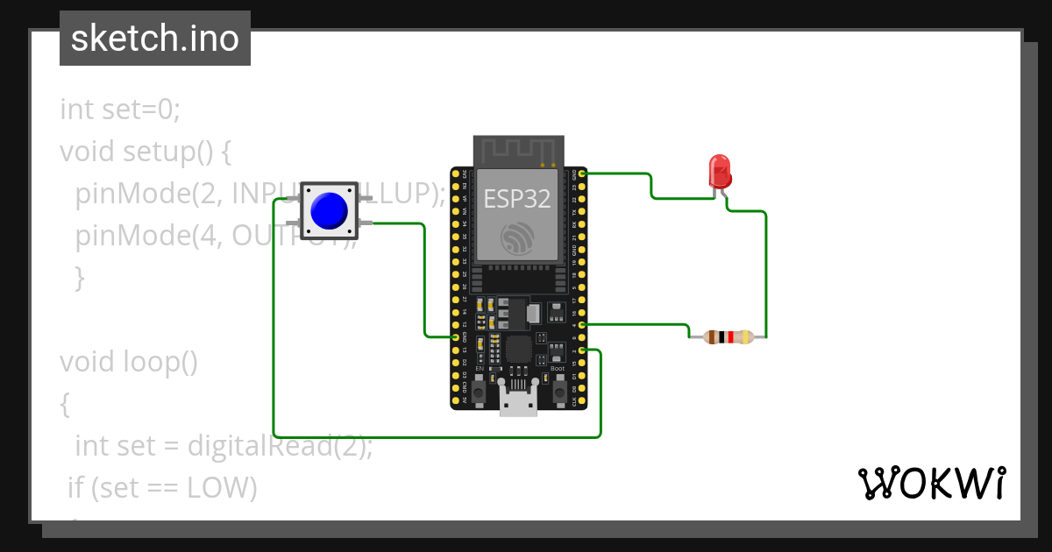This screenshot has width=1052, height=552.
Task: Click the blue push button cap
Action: coord(329,210)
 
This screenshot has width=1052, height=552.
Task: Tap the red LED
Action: coord(720,171)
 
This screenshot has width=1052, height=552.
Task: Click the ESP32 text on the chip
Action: coord(517,199)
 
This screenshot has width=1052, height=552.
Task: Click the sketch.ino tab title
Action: coord(155,39)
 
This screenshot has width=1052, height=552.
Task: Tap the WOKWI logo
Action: coord(931,483)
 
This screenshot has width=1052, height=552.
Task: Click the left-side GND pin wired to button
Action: coord(455,336)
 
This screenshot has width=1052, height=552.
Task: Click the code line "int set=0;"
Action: coord(120,110)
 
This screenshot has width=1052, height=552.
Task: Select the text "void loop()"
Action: coord(129,362)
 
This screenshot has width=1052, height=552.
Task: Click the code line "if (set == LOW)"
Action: coord(163,488)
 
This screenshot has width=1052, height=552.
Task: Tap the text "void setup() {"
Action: coord(145,152)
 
